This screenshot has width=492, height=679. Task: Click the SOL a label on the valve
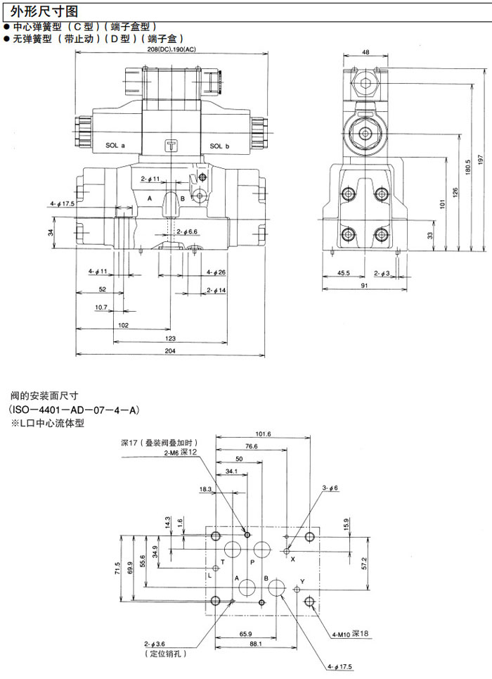115,146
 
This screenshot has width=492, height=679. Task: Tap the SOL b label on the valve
220,146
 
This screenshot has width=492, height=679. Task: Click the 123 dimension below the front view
170,338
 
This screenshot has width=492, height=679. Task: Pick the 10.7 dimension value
101,307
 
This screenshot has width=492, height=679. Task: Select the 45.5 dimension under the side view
344,272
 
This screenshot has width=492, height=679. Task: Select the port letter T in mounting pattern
222,561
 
